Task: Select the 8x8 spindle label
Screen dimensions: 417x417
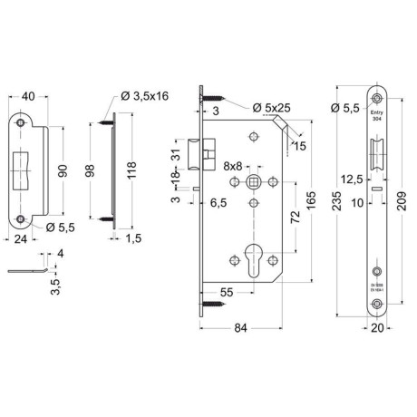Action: pyautogui.click(x=232, y=166)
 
